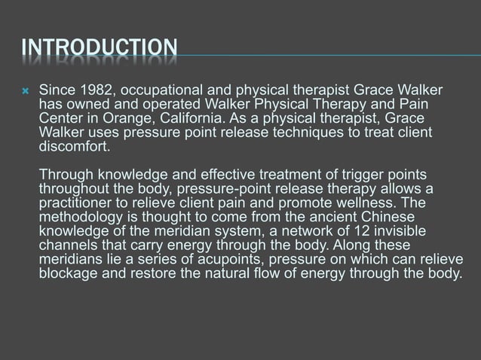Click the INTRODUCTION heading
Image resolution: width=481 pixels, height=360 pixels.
[x=99, y=50]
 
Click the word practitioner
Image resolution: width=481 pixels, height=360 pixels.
[x=78, y=205]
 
